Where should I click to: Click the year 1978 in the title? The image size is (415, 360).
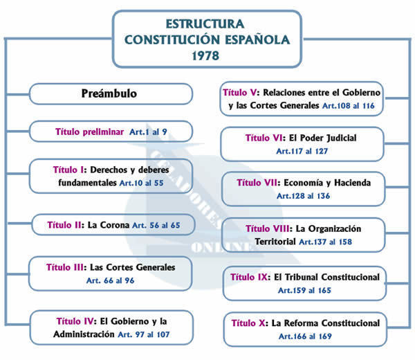tap(208, 55)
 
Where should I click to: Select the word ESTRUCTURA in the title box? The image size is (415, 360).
tap(207, 22)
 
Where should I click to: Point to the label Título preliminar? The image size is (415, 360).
tap(89, 131)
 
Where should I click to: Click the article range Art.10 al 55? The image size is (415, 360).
tap(141, 183)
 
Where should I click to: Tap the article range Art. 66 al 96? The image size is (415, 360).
tap(111, 280)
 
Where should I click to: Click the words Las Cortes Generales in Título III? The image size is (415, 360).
tap(131, 267)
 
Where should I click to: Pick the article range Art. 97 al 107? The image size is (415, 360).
tap(145, 334)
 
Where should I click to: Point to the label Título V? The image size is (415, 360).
tap(241, 92)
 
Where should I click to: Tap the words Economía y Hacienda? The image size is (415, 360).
tap(326, 183)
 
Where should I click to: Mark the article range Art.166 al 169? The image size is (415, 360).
tap(304, 336)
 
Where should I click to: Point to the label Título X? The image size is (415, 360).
tap(249, 323)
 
